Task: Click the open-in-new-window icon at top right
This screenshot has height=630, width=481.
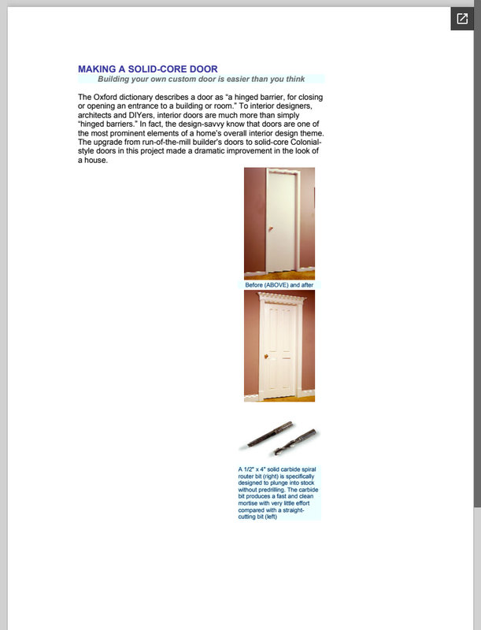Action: [x=462, y=19]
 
